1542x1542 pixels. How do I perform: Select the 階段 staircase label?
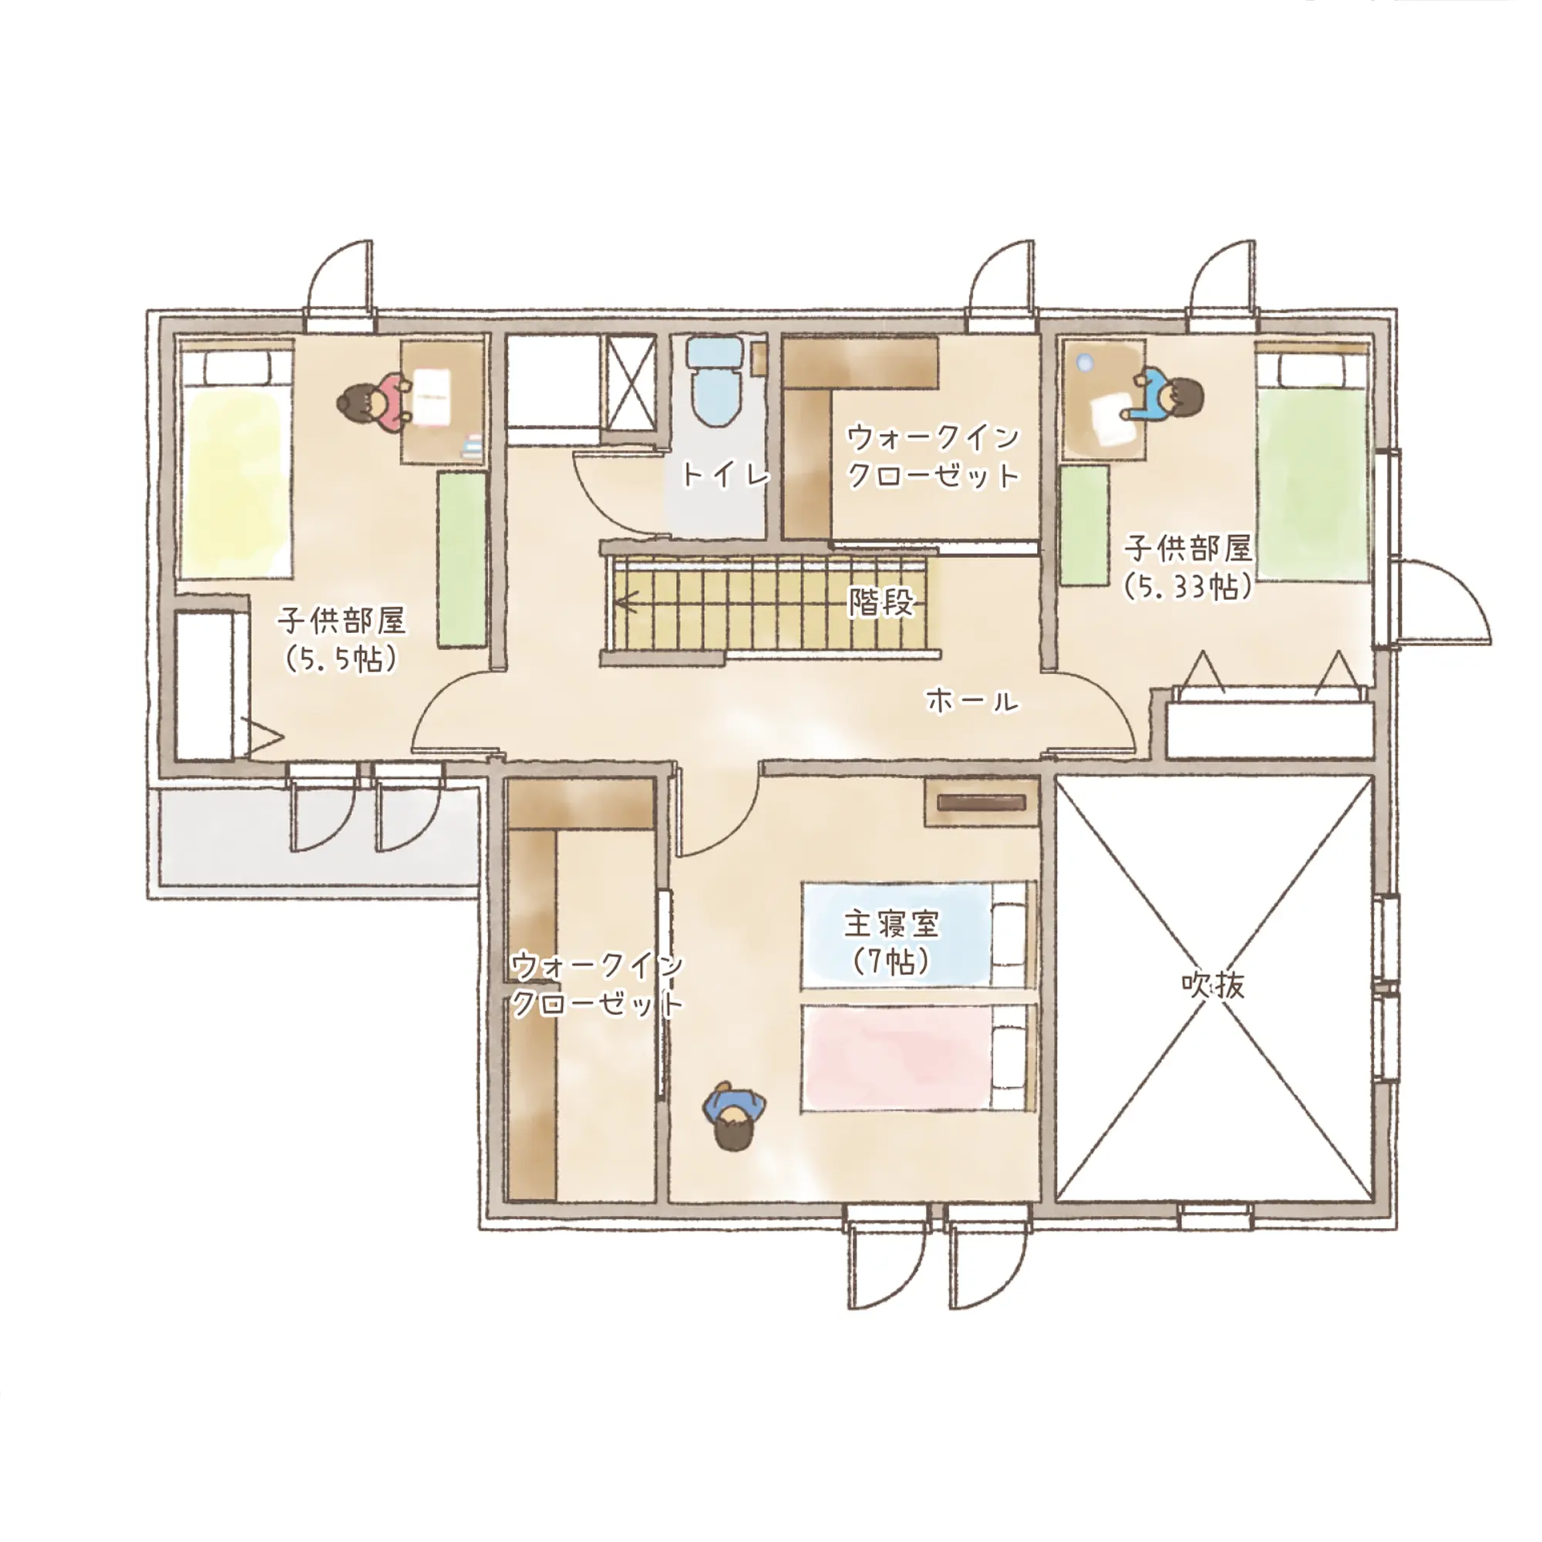point(881,602)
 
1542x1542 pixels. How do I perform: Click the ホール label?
point(972,702)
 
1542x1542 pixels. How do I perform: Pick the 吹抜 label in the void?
point(1213,985)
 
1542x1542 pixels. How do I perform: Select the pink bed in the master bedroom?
point(917,1057)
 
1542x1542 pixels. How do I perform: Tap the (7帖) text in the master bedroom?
point(891,962)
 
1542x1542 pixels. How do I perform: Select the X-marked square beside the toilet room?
point(631,384)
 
